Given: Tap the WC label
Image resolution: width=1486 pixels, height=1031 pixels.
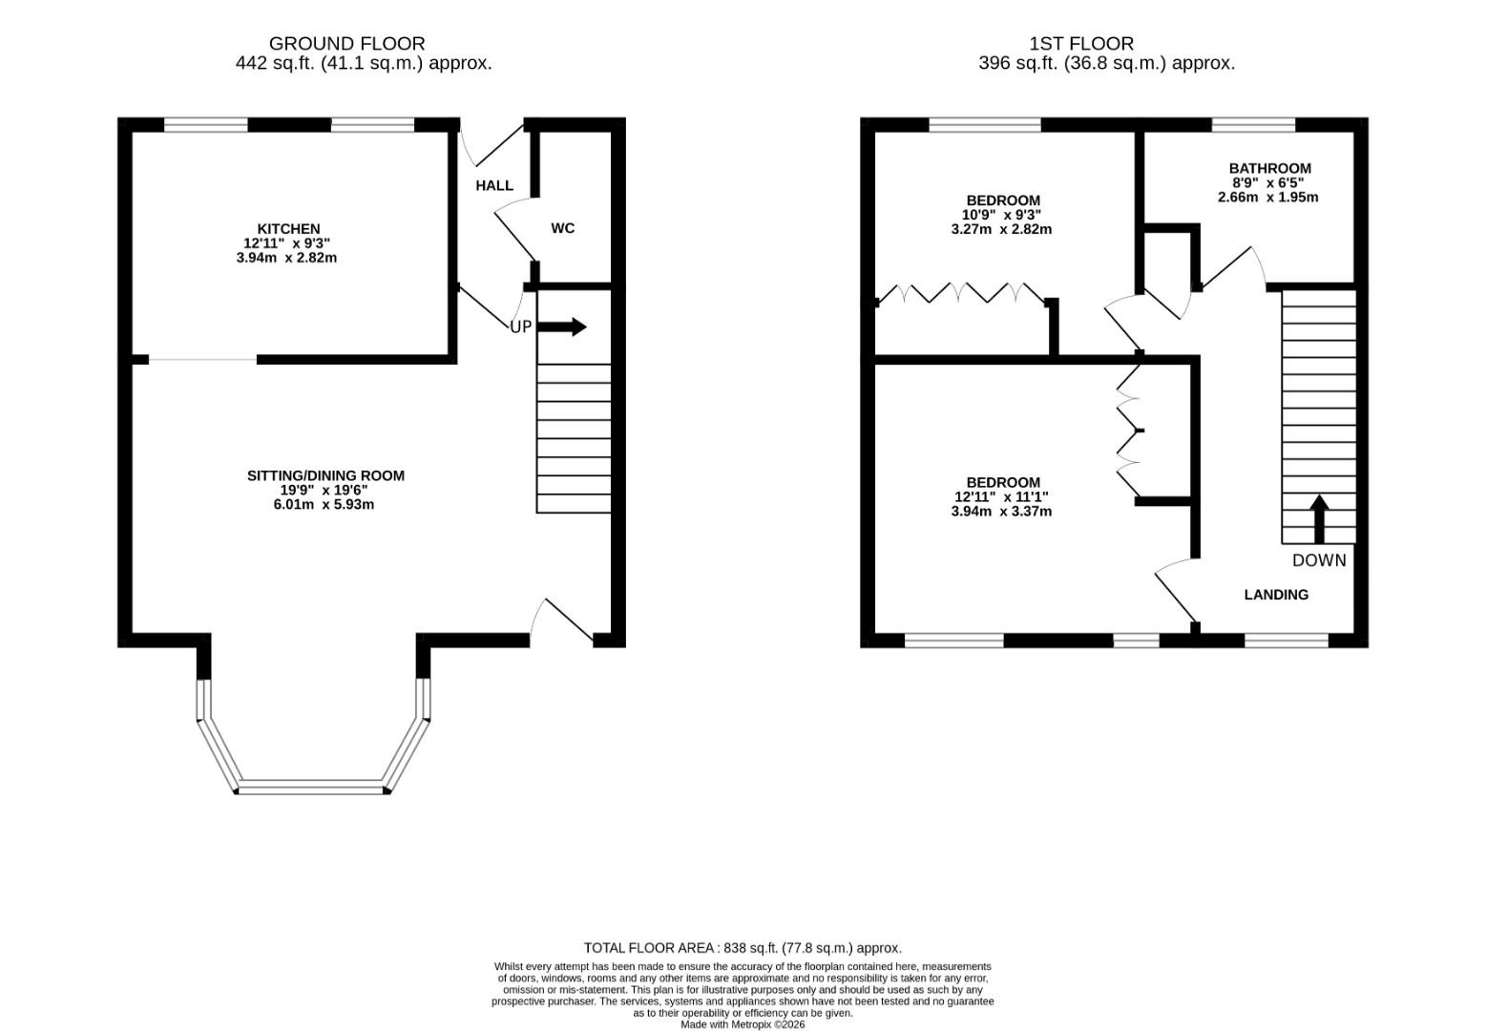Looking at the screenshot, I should coord(563,228).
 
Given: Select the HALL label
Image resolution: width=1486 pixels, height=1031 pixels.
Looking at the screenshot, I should coord(494,185).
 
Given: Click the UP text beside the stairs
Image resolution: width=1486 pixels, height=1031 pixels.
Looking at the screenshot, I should coord(520,326).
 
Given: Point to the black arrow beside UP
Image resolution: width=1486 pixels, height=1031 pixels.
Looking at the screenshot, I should coord(563,326).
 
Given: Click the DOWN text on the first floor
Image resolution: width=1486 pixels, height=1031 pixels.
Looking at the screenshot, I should coord(1319,560).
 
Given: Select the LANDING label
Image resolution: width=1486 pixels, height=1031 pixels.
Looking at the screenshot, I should coord(1276,595).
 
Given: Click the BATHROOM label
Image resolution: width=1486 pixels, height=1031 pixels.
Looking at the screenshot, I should coord(1269,168).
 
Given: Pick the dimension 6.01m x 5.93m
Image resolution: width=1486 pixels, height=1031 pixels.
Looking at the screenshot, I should coord(324,504).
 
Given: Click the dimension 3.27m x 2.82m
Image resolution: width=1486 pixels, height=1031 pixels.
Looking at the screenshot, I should coord(1001,229).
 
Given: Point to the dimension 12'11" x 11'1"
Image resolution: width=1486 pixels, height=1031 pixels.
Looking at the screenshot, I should coord(1001,496).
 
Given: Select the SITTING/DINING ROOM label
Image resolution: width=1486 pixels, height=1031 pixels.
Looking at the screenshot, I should coord(325,475).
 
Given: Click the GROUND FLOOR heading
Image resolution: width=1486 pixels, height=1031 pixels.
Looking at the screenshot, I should coord(346,43).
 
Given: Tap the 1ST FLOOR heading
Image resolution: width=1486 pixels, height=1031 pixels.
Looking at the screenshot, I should coord(1081,43).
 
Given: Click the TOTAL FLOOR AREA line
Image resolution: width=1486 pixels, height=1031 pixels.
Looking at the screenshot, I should coord(743,948).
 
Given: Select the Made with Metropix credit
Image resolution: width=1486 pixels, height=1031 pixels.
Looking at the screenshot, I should coord(743,1024).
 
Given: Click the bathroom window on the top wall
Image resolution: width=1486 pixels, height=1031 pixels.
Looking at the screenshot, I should coord(1253,124).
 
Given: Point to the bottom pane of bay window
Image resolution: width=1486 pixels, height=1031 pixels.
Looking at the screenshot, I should coord(312,788).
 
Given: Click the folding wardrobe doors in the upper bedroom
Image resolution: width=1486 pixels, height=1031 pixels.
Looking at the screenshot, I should coord(961,292).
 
